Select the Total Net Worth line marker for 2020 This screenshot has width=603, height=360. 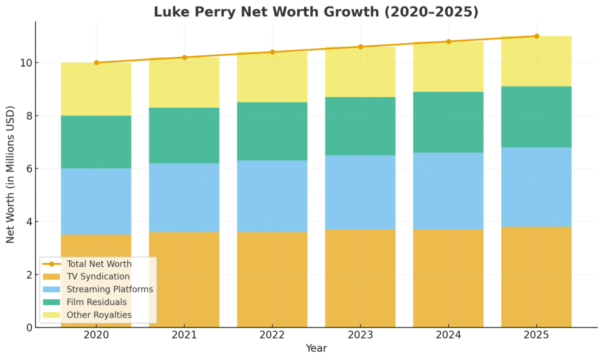[x=96, y=62]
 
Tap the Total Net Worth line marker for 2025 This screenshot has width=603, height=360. [x=536, y=36]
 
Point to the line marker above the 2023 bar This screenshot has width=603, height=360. [x=360, y=47]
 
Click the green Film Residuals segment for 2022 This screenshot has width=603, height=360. [x=272, y=131]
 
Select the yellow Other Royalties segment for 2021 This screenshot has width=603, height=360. [x=184, y=82]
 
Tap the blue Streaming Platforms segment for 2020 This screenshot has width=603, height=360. [x=96, y=202]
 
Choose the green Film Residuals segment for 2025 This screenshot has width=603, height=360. [x=536, y=117]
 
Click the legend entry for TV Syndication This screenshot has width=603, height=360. [x=98, y=276]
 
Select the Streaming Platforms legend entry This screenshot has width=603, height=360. [x=110, y=289]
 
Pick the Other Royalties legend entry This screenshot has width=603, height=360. [x=99, y=315]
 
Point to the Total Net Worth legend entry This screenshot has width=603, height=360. [x=99, y=264]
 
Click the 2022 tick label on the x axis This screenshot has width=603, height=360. [x=272, y=336]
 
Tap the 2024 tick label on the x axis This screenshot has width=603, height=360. [x=448, y=336]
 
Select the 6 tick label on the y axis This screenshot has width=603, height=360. [x=26, y=169]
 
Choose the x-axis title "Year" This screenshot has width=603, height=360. [x=316, y=348]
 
